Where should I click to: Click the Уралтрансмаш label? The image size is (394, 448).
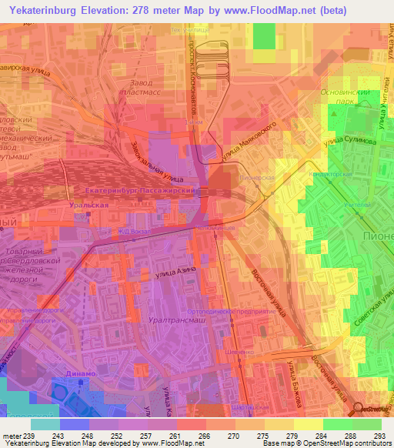177,317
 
